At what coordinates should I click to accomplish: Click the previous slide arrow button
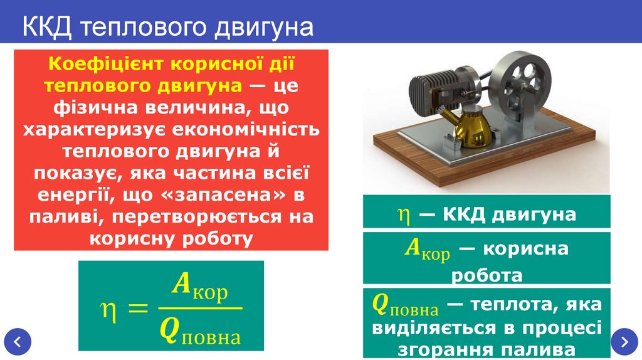coord(17,342)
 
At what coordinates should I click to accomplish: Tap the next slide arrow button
coord(624,342)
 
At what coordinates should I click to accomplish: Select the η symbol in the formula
coord(107,307)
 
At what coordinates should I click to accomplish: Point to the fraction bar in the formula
coord(199,308)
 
